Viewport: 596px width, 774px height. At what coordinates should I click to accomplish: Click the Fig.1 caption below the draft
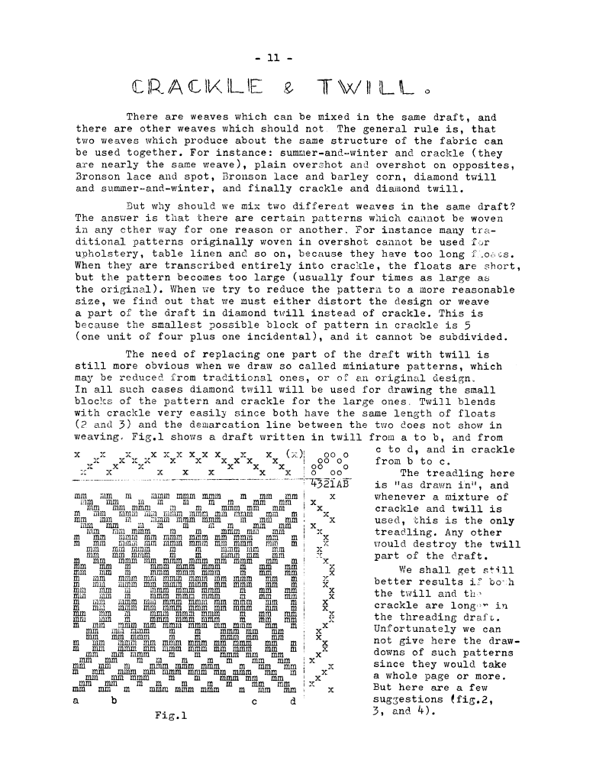pyautogui.click(x=169, y=716)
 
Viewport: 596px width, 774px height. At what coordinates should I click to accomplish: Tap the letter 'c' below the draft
pyautogui.click(x=252, y=701)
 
